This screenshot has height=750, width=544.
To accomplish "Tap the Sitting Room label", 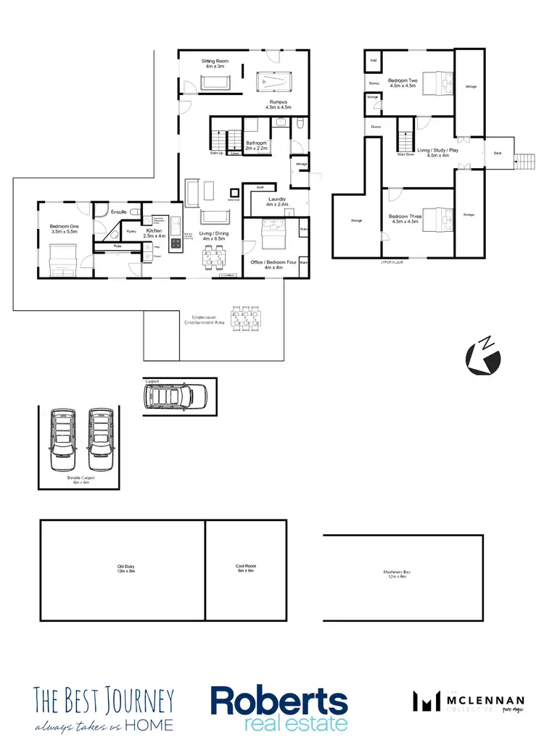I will pyautogui.click(x=215, y=62).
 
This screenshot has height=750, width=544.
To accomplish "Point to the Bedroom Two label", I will pyautogui.click(x=402, y=80).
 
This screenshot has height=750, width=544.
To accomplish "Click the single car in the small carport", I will pyautogui.click(x=175, y=396).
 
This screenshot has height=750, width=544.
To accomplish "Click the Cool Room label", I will pyautogui.click(x=246, y=566).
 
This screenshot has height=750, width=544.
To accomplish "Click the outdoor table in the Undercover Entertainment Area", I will pyautogui.click(x=245, y=318).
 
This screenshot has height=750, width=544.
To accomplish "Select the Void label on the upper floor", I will pyautogui.click(x=374, y=60).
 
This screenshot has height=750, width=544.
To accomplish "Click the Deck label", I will pyautogui.click(x=497, y=153).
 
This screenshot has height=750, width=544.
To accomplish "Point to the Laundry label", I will pyautogui.click(x=276, y=199).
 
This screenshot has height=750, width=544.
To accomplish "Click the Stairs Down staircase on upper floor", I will pyautogui.click(x=405, y=138).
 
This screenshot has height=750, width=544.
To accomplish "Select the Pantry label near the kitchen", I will pyautogui.click(x=131, y=231).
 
